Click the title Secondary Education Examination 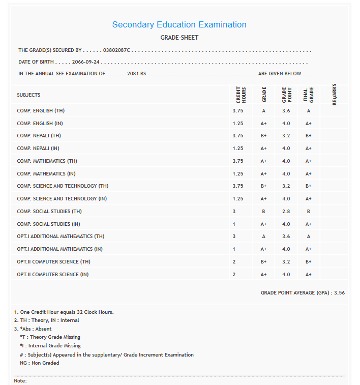pyautogui.click(x=179, y=24)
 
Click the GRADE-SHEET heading pyautogui.click(x=179, y=38)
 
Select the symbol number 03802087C pyautogui.click(x=116, y=50)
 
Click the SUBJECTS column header pyautogui.click(x=28, y=95)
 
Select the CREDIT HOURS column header pyautogui.click(x=241, y=95)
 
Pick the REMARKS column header pyautogui.click(x=334, y=95)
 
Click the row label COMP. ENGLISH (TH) pyautogui.click(x=41, y=111)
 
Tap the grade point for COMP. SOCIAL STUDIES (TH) pyautogui.click(x=286, y=212)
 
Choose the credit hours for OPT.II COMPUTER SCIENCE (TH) pyautogui.click(x=234, y=262)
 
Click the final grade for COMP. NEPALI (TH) pyautogui.click(x=308, y=136)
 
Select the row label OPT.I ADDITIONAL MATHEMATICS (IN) pyautogui.click(x=59, y=249)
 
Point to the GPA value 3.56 pyautogui.click(x=339, y=293)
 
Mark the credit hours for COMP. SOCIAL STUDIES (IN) pyautogui.click(x=234, y=224)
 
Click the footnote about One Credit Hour pyautogui.click(x=64, y=312)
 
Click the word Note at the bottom pyautogui.click(x=20, y=381)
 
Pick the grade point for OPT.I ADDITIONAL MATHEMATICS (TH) pyautogui.click(x=286, y=236)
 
